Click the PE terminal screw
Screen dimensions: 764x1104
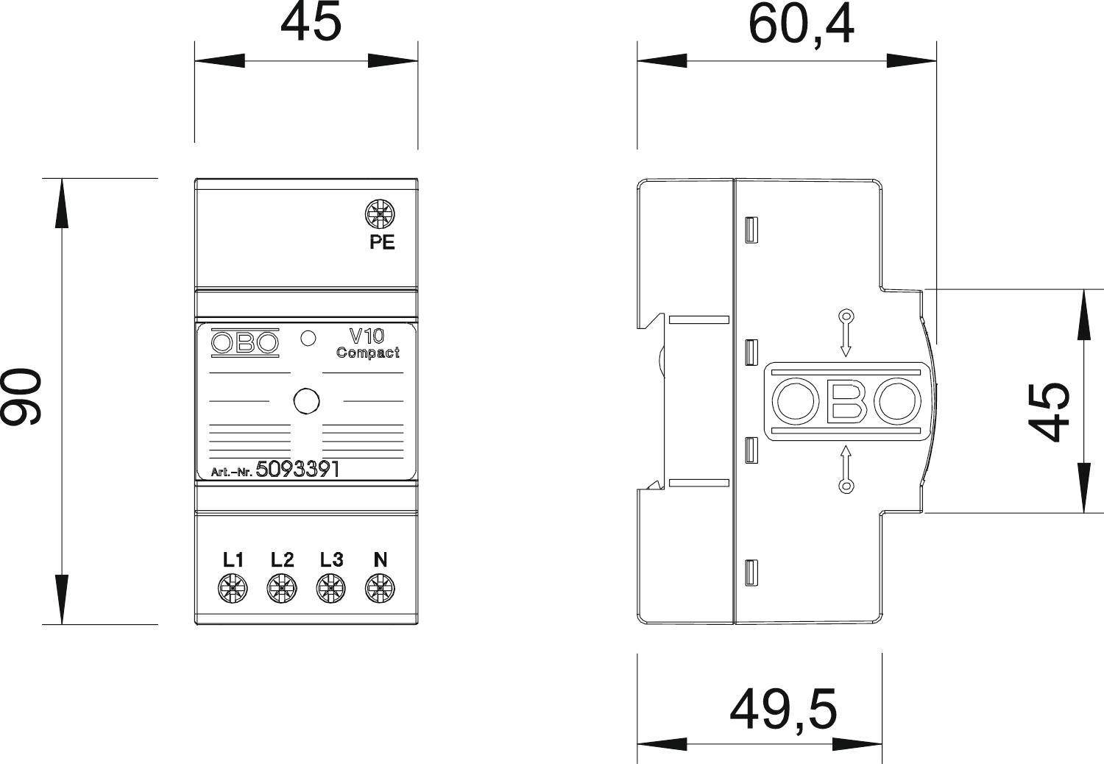point(381,215)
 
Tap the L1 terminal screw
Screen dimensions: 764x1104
point(233,588)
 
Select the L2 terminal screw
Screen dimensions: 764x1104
point(282,588)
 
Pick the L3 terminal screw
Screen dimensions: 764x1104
point(331,588)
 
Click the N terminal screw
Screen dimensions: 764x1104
point(380,588)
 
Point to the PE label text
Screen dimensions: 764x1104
point(382,242)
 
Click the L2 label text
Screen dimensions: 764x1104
point(282,560)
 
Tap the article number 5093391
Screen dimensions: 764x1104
point(297,470)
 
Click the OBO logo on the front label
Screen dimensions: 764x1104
point(245,343)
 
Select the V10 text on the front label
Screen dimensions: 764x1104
point(366,336)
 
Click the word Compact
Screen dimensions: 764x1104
point(368,353)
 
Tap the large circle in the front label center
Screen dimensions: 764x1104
point(306,401)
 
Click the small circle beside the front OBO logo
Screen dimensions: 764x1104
point(309,339)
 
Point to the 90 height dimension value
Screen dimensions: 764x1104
point(22,397)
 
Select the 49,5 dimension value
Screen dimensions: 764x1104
point(783,709)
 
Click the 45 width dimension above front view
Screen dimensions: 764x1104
point(311,23)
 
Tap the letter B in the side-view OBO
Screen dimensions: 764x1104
point(846,402)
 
